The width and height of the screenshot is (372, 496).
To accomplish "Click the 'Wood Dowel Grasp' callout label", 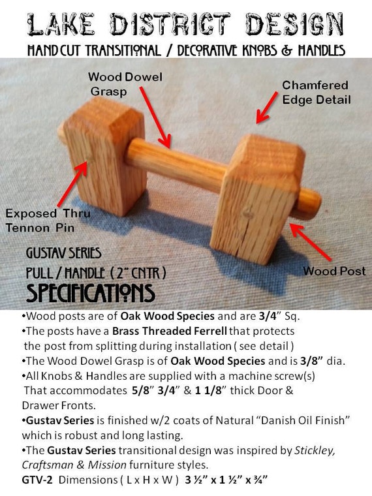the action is click(x=125, y=84).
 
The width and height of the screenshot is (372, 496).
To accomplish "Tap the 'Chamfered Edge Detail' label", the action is click(x=317, y=93).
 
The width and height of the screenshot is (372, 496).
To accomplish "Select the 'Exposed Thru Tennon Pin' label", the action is click(x=48, y=221).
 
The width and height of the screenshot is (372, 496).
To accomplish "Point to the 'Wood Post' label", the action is click(x=334, y=271).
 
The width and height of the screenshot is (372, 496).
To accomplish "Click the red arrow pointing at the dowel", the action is click(x=155, y=117).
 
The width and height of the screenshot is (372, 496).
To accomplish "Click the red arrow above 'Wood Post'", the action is click(x=310, y=242).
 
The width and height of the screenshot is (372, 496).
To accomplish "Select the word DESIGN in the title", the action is click(x=295, y=24).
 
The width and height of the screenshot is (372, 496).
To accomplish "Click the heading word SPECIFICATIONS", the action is click(x=91, y=293).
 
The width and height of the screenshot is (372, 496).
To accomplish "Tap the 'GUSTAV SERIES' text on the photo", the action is click(x=63, y=253).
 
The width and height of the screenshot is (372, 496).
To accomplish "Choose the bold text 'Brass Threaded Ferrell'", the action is click(x=170, y=331).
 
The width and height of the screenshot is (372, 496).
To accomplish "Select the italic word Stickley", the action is click(x=315, y=450).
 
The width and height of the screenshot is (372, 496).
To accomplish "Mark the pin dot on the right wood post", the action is click(x=248, y=214).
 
